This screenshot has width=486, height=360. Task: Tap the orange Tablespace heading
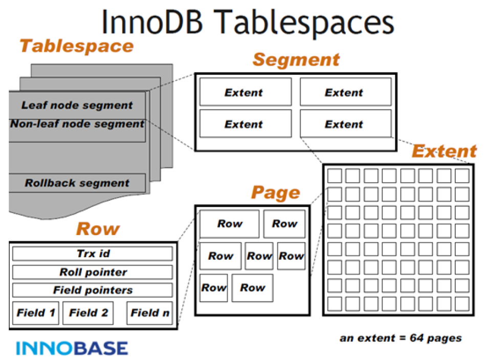tap(76, 47)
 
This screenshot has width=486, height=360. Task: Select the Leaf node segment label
tap(77, 105)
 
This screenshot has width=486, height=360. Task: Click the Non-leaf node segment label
tap(77, 124)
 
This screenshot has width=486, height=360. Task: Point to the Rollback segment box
tap(77, 183)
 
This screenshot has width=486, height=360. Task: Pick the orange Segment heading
tap(296, 60)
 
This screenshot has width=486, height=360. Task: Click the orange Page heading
tap(275, 193)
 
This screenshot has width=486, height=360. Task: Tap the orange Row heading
tap(97, 229)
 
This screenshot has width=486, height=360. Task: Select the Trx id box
tap(93, 253)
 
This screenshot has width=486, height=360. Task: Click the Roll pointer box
tap(93, 272)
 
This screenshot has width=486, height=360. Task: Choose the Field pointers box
tap(93, 290)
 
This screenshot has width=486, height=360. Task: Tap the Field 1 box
tap(36, 313)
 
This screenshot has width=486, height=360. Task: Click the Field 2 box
tap(89, 313)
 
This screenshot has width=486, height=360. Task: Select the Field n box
tap(150, 313)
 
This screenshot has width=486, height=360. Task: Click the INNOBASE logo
tap(72, 348)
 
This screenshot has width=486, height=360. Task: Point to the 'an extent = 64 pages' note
tap(401, 338)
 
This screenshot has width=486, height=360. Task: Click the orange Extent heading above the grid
tap(444, 152)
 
